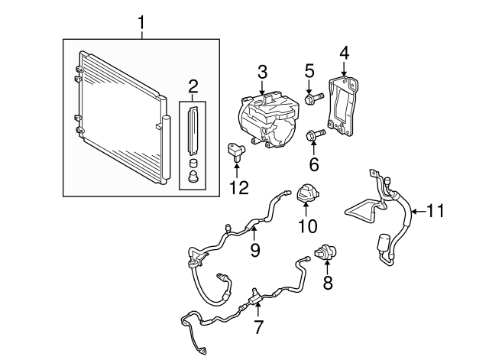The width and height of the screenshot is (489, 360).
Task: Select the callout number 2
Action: (193, 85)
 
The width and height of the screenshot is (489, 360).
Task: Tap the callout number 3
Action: (262, 73)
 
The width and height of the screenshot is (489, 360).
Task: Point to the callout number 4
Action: (344, 53)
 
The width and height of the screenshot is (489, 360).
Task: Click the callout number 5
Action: (309, 71)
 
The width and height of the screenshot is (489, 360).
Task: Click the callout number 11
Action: (435, 209)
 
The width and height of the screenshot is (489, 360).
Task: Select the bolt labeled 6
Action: (315, 137)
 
